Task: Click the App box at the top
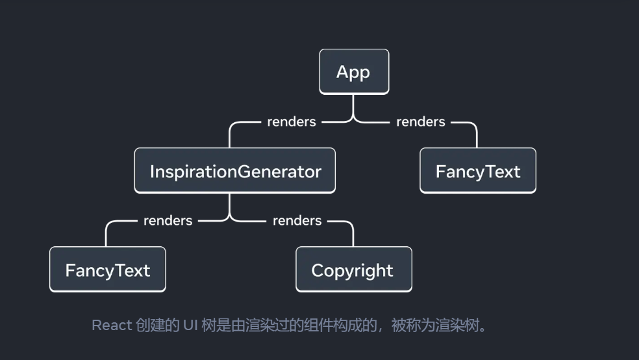tap(354, 71)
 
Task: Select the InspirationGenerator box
tap(234, 171)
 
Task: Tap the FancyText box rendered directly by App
tap(478, 171)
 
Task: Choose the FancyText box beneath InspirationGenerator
tap(108, 270)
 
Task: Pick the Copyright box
tap(354, 270)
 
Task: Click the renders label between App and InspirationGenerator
tap(292, 122)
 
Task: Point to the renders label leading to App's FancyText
tap(421, 122)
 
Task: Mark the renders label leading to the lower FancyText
tap(168, 220)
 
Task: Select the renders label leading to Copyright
tap(297, 220)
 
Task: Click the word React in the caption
tap(112, 326)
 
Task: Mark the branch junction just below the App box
tap(354, 120)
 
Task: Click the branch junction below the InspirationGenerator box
tap(230, 219)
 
